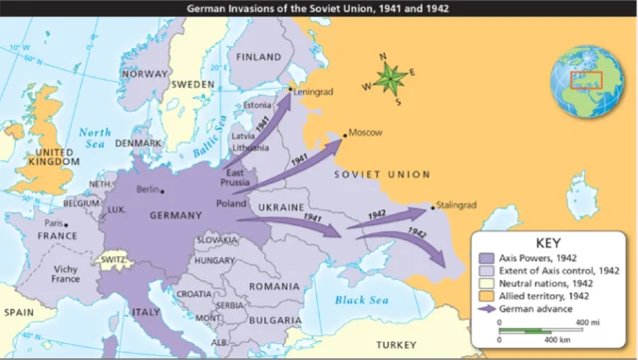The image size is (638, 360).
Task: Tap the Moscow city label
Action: point(363,133)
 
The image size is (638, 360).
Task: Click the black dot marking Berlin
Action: point(161,190)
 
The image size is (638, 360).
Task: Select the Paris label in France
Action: point(54,223)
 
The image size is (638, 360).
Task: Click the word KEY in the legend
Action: point(551,242)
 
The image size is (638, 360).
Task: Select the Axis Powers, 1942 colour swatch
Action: point(487,257)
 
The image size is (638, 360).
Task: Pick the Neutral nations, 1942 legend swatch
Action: point(487,283)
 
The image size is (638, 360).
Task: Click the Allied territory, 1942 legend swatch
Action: point(487,296)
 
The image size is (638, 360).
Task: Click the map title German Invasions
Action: point(318,7)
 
